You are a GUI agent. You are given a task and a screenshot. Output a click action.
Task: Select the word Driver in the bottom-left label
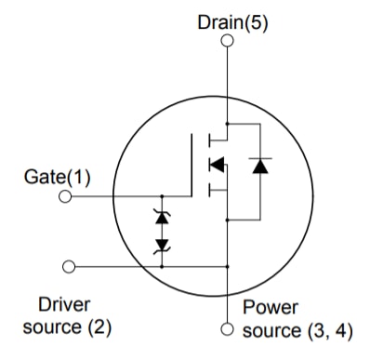click(x=63, y=305)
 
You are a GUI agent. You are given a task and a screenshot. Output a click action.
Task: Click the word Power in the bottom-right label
click(x=270, y=307)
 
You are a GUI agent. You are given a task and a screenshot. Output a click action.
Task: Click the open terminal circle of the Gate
click(x=66, y=196)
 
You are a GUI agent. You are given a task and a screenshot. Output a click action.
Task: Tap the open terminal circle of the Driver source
click(x=66, y=266)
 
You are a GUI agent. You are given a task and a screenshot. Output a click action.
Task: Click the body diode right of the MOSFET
click(x=258, y=166)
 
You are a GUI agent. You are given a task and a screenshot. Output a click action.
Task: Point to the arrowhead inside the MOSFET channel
click(x=216, y=166)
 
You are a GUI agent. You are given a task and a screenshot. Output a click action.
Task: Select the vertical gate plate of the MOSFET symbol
click(x=192, y=165)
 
